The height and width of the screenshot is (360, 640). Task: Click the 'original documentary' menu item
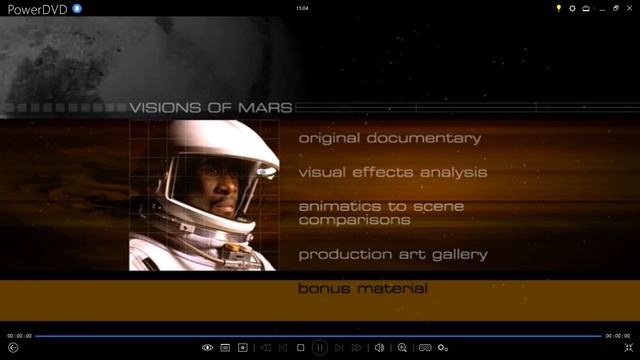click(x=389, y=138)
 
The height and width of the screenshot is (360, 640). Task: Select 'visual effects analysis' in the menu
click(x=393, y=172)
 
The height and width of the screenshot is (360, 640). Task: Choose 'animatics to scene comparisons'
click(x=381, y=212)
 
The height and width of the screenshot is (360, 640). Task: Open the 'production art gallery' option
click(x=393, y=254)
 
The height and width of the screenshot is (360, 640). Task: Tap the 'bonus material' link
click(x=363, y=289)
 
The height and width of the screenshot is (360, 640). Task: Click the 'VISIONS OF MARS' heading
click(x=211, y=108)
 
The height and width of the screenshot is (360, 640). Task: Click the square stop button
click(x=301, y=348)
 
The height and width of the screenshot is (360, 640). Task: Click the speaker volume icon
click(x=379, y=348)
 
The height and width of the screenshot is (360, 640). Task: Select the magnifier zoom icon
click(x=402, y=348)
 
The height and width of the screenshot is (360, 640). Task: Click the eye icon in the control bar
click(x=207, y=348)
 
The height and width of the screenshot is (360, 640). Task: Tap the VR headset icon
click(x=425, y=348)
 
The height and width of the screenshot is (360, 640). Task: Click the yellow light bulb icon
click(x=559, y=8)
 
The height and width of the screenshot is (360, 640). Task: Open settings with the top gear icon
click(x=573, y=8)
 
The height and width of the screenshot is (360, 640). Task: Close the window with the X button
click(x=628, y=8)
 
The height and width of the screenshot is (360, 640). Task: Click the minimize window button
click(x=600, y=8)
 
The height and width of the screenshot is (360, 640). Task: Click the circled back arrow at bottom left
click(x=13, y=348)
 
